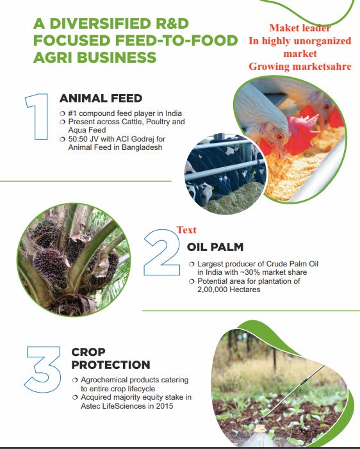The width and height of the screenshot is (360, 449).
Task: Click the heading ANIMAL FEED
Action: click(x=101, y=99)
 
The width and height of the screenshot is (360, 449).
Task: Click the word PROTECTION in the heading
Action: click(x=111, y=364)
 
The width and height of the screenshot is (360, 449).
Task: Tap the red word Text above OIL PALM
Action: click(x=186, y=230)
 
